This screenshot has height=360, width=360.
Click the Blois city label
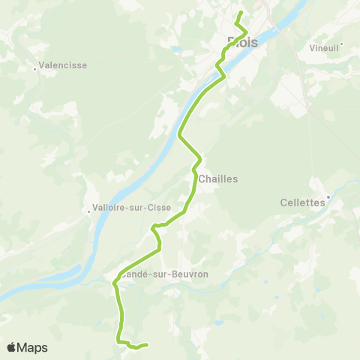point(242,43)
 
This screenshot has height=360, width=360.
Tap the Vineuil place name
point(324,46)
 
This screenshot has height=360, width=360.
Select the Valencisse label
point(62,65)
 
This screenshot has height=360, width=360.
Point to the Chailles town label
point(218,179)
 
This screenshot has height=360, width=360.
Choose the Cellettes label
point(302,202)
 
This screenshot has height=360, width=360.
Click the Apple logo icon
point(11,347)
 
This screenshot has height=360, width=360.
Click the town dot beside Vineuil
point(341,43)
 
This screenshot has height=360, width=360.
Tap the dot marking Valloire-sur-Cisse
point(88,211)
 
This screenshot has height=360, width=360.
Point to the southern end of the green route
point(147,345)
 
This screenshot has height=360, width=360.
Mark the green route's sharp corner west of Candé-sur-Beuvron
point(114,283)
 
